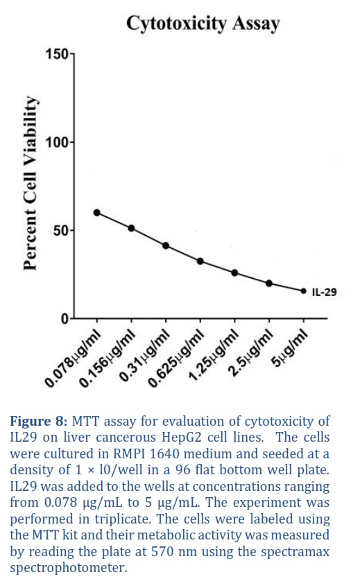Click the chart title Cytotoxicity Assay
(x=203, y=24)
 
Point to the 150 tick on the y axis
(x=58, y=54)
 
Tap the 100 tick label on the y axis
(x=58, y=143)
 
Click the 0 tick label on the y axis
(x=65, y=319)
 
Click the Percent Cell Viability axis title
(x=31, y=183)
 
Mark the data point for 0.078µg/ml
(x=96, y=213)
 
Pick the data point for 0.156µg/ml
(x=131, y=228)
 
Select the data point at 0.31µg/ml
(x=166, y=245)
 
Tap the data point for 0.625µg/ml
(x=200, y=261)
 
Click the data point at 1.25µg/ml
(x=234, y=273)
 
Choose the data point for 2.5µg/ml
(x=269, y=283)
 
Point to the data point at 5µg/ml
(x=304, y=291)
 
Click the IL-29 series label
(x=325, y=292)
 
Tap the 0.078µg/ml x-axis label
(x=73, y=358)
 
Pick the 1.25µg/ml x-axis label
(x=214, y=355)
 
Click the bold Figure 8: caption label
(x=39, y=421)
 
